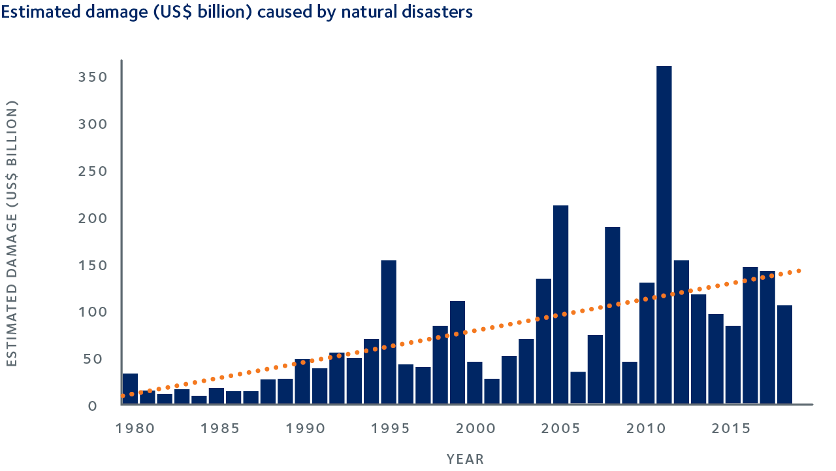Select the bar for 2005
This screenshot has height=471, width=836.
[x=560, y=304]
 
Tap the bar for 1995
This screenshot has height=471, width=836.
[x=389, y=332]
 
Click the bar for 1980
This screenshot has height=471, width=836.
[x=130, y=389]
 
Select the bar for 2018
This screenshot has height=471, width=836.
[x=784, y=354]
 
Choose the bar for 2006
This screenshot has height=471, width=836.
[x=578, y=387]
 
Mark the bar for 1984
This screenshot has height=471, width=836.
[x=199, y=399]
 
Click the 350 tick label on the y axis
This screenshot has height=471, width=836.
[x=93, y=77]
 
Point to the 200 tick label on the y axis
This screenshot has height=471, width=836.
[x=93, y=218]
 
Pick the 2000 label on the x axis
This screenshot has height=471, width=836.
[x=475, y=428]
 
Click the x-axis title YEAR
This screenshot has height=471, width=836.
[x=466, y=459]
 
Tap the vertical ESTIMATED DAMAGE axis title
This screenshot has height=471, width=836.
[x=12, y=234]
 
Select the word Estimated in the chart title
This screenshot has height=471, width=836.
[x=35, y=12]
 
